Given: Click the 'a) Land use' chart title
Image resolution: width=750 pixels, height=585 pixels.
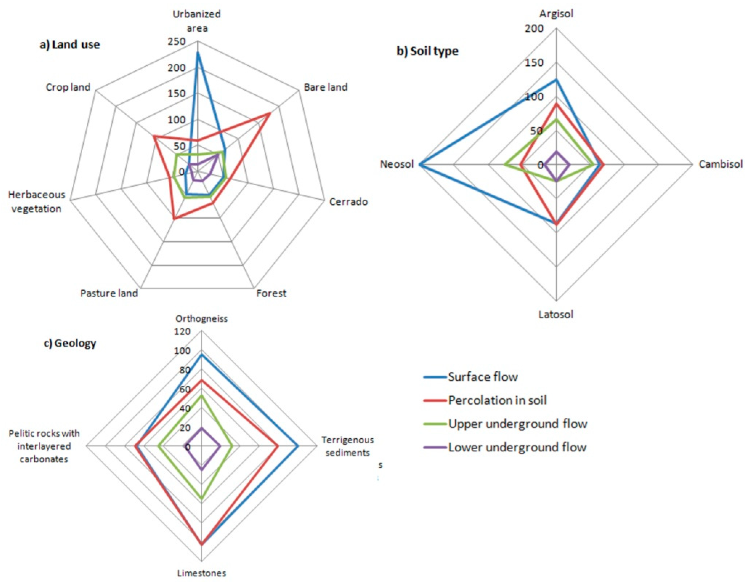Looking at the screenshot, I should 70,45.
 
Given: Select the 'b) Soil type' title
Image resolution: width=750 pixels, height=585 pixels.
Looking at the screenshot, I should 427,51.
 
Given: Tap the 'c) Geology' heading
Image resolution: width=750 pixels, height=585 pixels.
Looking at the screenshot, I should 70,343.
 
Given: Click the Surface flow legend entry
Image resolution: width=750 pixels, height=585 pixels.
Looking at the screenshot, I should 482,377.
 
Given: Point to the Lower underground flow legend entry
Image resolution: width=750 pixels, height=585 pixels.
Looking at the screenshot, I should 517,447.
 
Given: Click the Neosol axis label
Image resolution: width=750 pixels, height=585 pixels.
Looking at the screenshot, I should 397,164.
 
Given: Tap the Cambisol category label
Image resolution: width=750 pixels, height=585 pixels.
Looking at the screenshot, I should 720,164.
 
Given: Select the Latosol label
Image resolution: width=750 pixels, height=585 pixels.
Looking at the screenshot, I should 556,315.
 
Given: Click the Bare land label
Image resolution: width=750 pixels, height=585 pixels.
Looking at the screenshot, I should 325,87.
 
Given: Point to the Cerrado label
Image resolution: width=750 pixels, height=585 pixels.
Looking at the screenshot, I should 348,201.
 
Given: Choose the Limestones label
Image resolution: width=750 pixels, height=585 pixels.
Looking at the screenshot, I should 201,573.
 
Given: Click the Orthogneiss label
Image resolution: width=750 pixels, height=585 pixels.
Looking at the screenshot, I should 201,319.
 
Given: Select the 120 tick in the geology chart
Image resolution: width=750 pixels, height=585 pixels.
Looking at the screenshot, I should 182,331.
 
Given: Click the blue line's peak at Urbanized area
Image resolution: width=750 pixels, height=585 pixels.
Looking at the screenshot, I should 197,52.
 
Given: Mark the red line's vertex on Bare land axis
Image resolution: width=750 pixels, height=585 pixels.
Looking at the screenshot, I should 269,113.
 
